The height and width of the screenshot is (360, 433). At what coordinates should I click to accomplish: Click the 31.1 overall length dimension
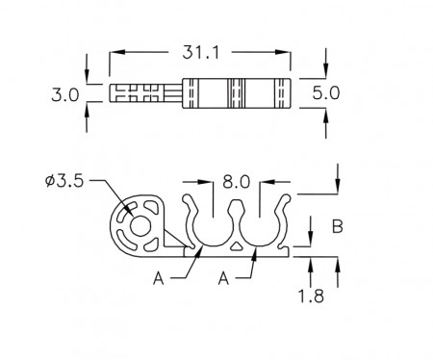[201, 52]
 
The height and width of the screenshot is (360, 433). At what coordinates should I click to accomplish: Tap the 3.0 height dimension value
[65, 95]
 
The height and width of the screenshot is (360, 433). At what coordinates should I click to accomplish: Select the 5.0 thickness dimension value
[326, 93]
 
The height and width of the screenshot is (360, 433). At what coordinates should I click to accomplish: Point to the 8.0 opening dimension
[236, 182]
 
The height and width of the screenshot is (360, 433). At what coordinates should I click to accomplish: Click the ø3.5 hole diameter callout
[64, 181]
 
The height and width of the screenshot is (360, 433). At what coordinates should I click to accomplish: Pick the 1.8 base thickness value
[311, 296]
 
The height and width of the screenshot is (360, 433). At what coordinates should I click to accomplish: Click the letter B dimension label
[338, 226]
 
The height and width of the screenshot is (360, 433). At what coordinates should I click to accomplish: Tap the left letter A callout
[159, 278]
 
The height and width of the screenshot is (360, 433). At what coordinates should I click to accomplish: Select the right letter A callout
[223, 278]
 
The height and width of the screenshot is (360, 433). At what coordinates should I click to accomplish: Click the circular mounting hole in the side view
[140, 226]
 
